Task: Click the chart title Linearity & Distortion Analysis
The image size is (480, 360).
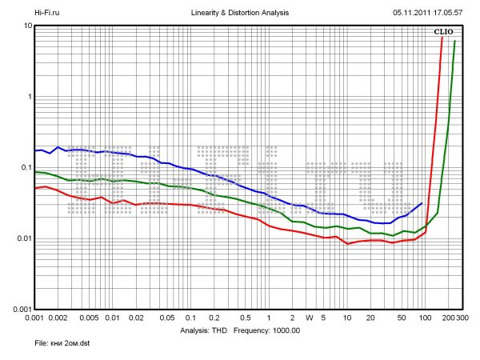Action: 241,14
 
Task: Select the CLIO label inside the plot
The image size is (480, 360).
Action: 443,32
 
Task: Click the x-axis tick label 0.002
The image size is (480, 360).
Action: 58,318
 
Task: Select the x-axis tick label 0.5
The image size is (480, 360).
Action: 245,318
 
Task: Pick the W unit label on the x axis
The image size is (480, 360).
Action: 309,318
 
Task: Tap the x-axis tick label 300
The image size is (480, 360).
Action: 462,318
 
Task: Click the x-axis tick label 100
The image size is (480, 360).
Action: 425,318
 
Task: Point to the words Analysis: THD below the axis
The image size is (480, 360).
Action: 206,330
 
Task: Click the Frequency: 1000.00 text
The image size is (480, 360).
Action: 267,330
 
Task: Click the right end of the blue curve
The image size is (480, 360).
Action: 422,203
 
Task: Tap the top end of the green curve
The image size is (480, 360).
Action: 455,42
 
